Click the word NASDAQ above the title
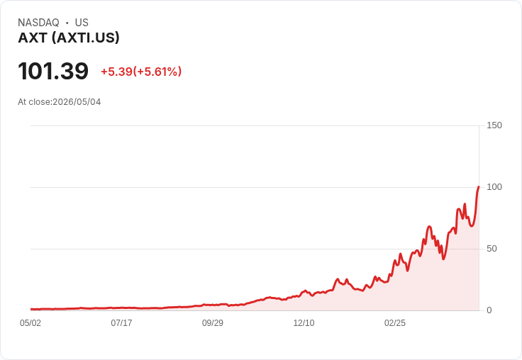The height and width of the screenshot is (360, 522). point(38,23)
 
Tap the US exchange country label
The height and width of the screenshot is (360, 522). point(82,23)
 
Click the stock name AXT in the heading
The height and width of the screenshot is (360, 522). point(33,38)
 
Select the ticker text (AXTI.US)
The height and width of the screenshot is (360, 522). point(86,38)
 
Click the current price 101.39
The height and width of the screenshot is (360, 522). point(53,71)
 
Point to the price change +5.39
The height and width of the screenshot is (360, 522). point(116,72)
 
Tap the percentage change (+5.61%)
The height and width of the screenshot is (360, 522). point(157,72)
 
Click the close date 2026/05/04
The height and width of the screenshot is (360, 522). point(77,102)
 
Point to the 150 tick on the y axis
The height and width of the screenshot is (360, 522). point(494,125)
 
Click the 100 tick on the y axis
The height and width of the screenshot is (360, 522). point(494,187)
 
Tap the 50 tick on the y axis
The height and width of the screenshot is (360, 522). point(492,249)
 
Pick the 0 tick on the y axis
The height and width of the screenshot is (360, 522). point(489,310)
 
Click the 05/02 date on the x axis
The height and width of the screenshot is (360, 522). point(30,323)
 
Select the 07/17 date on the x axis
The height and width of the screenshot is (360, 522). point(121,323)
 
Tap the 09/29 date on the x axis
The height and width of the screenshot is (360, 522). point(213,323)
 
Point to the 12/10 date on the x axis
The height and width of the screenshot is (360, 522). point(304,323)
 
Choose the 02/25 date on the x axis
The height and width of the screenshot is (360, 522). point(395,323)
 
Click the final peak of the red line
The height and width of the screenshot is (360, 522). point(479,186)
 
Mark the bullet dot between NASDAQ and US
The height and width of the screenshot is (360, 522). point(67,23)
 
